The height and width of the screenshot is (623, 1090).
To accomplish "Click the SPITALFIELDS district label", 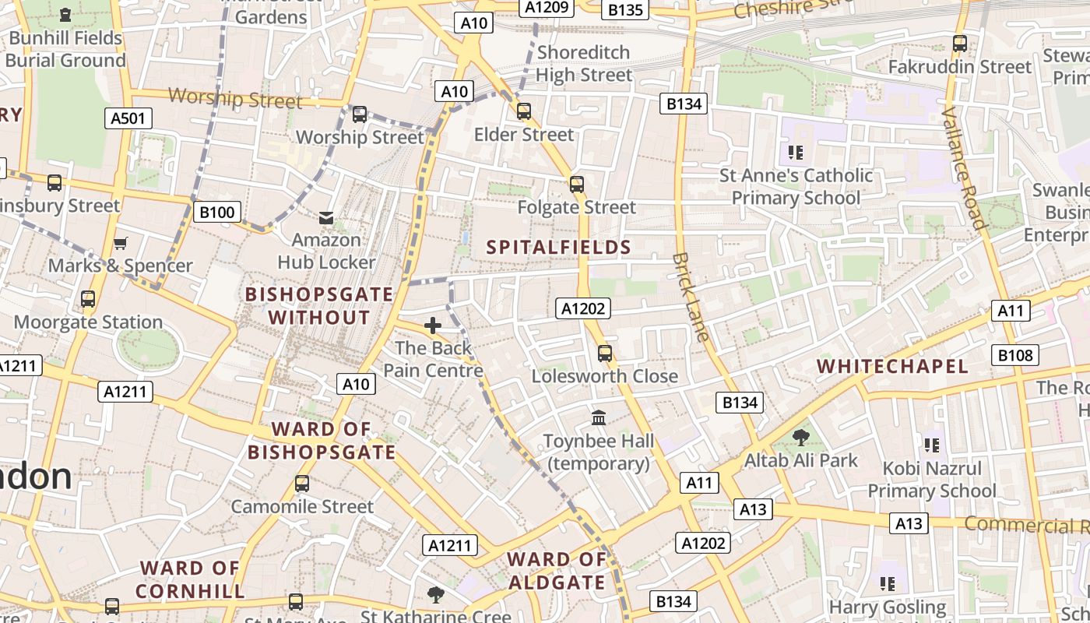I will (x=558, y=248).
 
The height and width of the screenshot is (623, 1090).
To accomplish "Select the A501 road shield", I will (x=128, y=118).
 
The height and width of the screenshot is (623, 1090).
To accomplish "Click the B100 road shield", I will (x=217, y=212).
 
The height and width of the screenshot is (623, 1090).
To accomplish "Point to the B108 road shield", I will (x=1016, y=356).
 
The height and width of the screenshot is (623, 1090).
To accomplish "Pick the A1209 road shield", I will (x=548, y=8).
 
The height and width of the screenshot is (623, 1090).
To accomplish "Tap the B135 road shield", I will (x=625, y=9).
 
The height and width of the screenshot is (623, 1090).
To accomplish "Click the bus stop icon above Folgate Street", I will (x=576, y=185).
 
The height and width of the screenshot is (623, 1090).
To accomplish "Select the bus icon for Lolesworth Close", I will (x=605, y=354).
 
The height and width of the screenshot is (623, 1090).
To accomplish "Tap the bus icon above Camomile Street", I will (x=302, y=484).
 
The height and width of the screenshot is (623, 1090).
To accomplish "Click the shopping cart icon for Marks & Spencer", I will (x=120, y=244).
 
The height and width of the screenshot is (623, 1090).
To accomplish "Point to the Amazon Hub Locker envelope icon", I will (x=326, y=218).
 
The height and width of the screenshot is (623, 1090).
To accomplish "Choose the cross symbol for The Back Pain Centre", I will (x=433, y=326).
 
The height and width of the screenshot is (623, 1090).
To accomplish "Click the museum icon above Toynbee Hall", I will (x=599, y=418).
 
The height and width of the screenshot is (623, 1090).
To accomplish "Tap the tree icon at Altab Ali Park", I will (x=800, y=438).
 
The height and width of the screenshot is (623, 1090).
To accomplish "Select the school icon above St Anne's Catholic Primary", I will (x=795, y=152).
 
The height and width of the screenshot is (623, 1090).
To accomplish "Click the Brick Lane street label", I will (x=691, y=297).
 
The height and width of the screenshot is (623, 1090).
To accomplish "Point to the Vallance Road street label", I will (x=964, y=167).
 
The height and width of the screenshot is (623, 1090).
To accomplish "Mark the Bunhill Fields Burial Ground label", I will (x=65, y=49).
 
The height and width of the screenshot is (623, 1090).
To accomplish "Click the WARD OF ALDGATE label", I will (x=557, y=571).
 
